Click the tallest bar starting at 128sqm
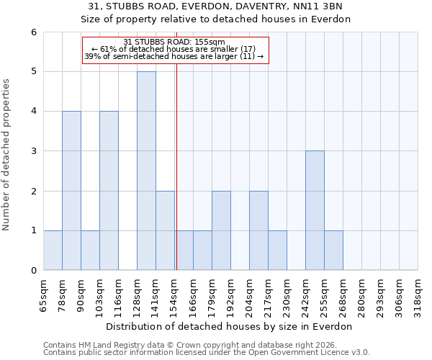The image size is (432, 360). click(x=146, y=171)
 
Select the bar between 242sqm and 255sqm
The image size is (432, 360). click(x=315, y=210)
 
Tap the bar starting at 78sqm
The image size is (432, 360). click(x=71, y=191)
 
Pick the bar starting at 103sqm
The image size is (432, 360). click(x=109, y=191)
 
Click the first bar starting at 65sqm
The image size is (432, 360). click(x=53, y=250)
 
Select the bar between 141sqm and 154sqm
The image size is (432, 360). click(x=165, y=230)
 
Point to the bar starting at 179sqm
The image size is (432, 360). click(x=221, y=230)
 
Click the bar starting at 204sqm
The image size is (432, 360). click(x=258, y=230)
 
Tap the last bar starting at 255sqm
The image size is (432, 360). click(x=333, y=250)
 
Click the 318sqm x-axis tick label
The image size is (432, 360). click(x=418, y=295)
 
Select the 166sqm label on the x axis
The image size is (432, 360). click(x=193, y=295)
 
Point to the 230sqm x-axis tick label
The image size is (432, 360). click(x=287, y=295)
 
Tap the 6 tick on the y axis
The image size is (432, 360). click(x=33, y=32)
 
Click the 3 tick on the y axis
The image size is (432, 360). click(x=33, y=151)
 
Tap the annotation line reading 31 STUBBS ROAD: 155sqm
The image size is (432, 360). click(x=174, y=42)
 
